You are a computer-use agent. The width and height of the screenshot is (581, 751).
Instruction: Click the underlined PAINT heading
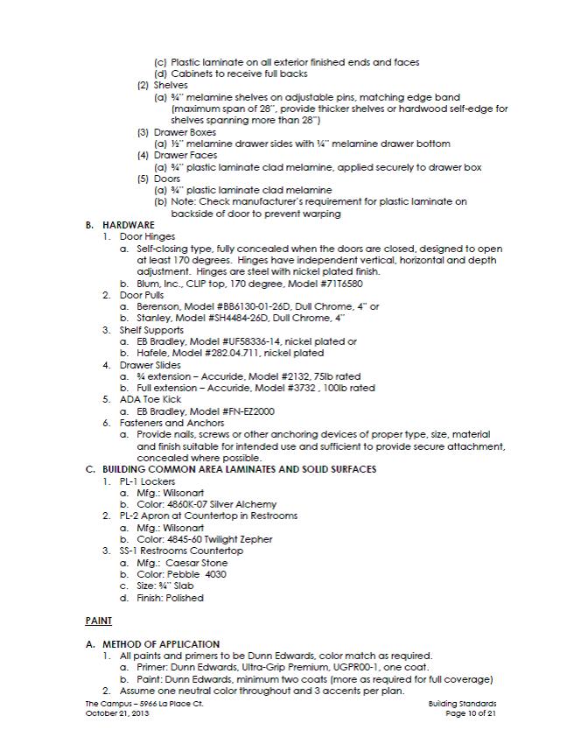point(98,621)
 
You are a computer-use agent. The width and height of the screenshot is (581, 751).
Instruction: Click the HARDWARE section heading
point(128,225)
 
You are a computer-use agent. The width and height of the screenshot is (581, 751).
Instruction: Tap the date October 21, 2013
point(117,714)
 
